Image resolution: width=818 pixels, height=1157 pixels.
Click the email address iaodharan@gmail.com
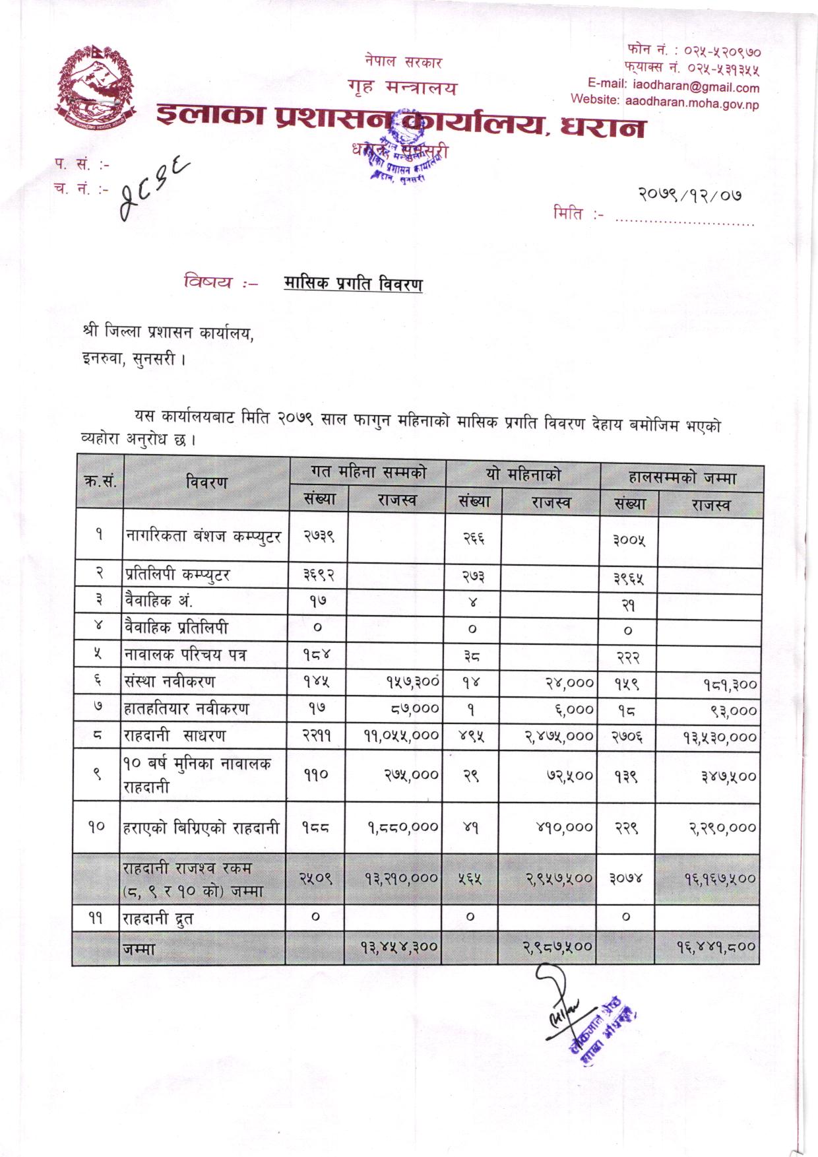point(695,87)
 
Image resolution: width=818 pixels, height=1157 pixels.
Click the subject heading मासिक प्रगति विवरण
point(353,284)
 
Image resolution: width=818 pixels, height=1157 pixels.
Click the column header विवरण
point(206,482)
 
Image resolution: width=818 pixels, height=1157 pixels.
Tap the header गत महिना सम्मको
point(368,473)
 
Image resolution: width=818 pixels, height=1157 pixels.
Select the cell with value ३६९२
point(319,575)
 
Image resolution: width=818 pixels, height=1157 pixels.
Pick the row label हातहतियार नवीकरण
point(187,709)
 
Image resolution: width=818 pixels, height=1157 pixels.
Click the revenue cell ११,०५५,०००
point(402,736)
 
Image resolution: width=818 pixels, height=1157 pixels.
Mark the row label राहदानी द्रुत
point(158,918)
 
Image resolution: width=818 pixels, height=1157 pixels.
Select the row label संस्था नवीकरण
point(170,681)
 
